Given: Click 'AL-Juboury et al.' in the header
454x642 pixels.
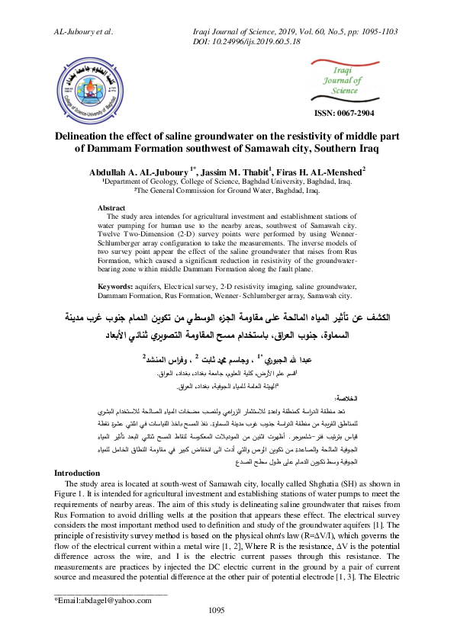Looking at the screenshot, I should tap(83, 32).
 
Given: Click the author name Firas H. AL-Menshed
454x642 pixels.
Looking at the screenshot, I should tap(327, 171).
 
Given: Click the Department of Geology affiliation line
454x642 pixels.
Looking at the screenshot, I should tap(227, 183).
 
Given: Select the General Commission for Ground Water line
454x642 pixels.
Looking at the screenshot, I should tap(227, 192).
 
